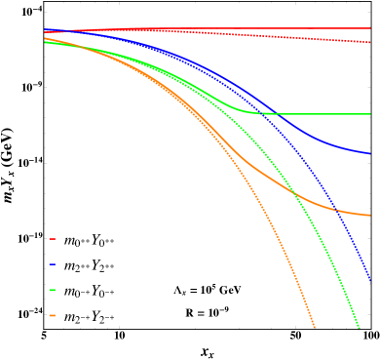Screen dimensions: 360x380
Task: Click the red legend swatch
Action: tap(53, 239)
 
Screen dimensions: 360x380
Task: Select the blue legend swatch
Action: tap(53, 264)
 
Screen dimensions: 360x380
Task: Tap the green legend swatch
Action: tap(53, 290)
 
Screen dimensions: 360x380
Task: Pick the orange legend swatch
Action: tap(53, 315)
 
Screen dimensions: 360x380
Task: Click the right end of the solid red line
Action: tap(370, 28)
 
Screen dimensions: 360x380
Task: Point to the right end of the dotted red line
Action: tap(370, 43)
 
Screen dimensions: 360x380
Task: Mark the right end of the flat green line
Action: tap(370, 114)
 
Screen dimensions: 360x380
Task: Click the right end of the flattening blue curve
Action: tap(370, 153)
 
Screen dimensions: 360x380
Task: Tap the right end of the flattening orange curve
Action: tap(370, 215)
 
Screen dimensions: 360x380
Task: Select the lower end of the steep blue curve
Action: tap(370, 280)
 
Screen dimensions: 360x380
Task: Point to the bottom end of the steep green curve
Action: tap(360, 328)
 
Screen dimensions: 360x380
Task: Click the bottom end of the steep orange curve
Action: tap(315, 328)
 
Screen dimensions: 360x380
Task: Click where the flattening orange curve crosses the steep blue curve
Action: tap(334, 208)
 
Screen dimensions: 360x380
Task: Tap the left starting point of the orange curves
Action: tap(45, 38)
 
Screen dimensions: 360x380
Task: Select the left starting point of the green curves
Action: tap(45, 42)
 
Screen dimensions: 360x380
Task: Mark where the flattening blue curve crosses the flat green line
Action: tap(280, 114)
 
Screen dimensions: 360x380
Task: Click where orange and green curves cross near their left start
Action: tap(80, 47)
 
